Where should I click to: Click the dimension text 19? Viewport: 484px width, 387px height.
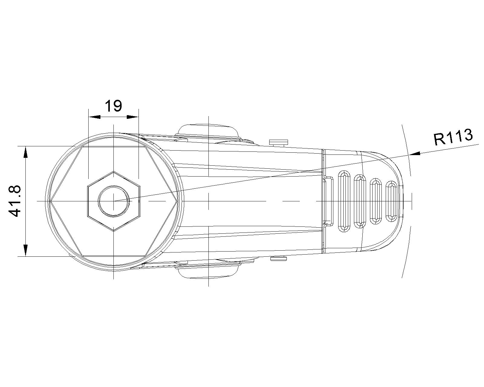[113, 106]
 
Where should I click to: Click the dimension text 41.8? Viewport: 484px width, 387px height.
[15, 201]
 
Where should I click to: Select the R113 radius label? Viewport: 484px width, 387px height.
[453, 137]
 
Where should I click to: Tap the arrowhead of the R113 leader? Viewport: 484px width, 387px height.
[414, 154]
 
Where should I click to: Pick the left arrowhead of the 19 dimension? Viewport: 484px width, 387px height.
[94, 117]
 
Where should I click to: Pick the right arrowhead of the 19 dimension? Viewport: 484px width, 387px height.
[133, 117]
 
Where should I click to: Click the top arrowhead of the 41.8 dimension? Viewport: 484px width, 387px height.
[26, 152]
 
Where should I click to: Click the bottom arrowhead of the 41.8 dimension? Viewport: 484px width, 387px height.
[26, 250]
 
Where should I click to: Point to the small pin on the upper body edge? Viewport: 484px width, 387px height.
[279, 143]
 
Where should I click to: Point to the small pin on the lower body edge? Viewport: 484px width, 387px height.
[278, 259]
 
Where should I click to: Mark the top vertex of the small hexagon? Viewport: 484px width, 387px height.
[113, 171]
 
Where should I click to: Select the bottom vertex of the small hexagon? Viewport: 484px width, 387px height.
[113, 231]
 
